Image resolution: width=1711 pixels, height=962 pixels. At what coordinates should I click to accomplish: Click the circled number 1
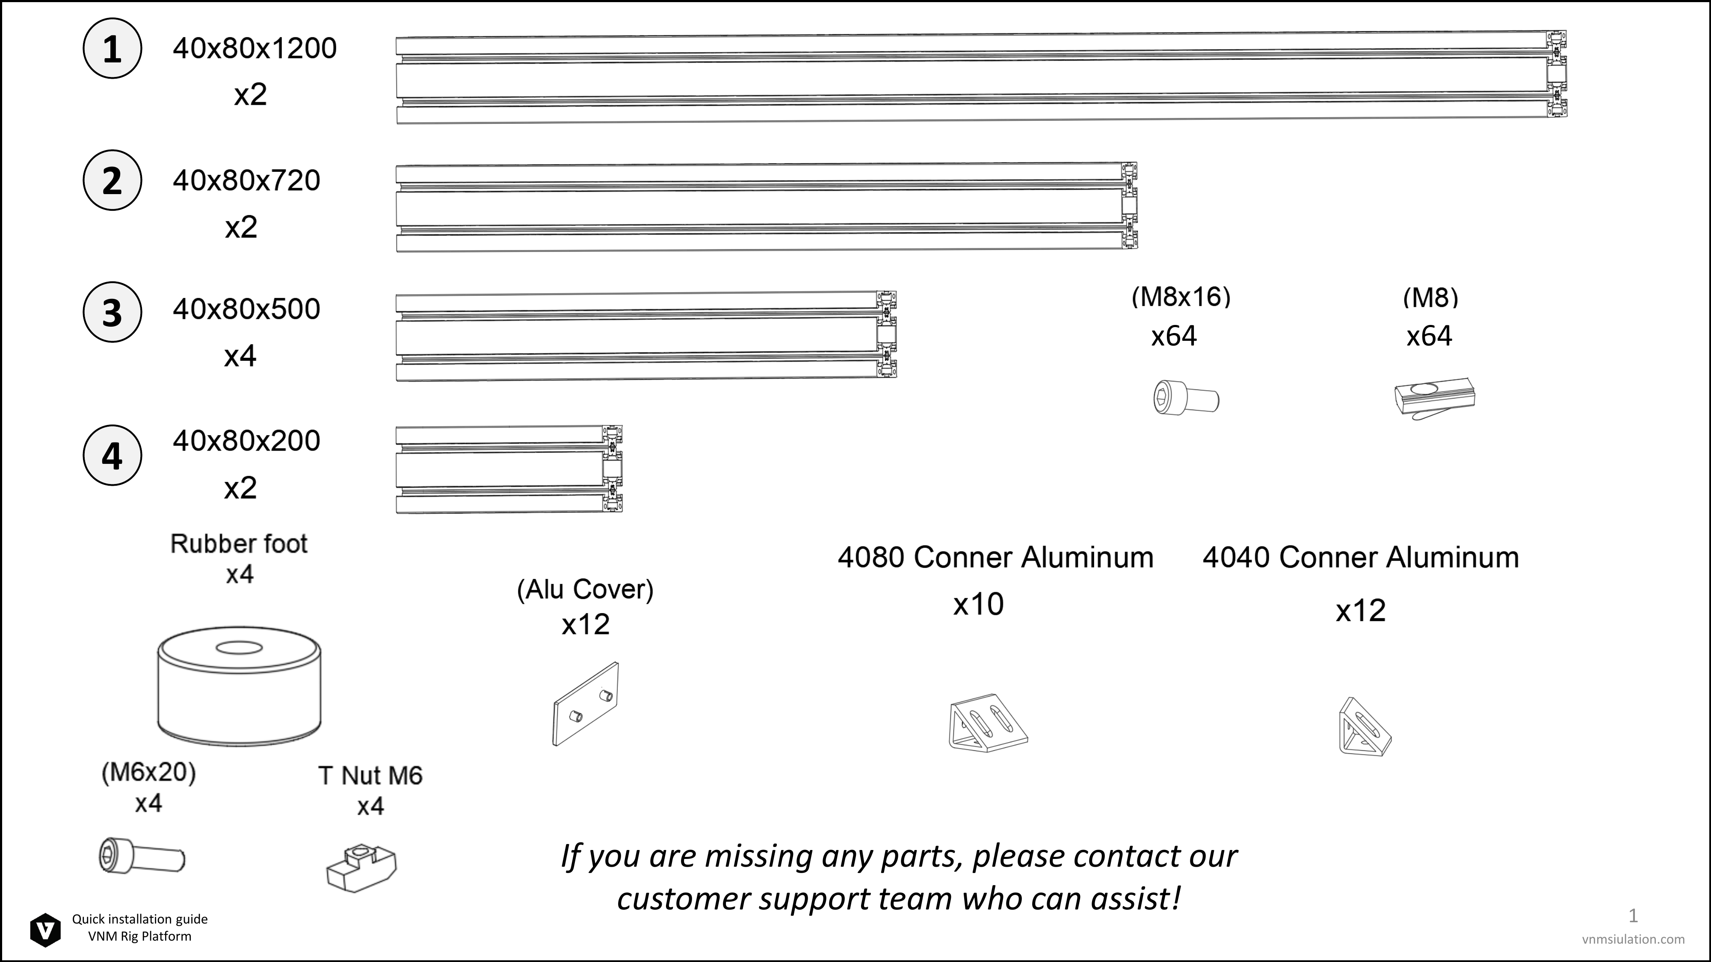(112, 48)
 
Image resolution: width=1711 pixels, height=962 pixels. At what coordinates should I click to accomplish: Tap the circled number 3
(112, 312)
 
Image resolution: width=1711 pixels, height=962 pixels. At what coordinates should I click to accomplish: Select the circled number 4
(112, 455)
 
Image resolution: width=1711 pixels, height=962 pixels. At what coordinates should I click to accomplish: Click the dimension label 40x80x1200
(255, 48)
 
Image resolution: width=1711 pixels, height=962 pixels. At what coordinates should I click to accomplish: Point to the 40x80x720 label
(246, 180)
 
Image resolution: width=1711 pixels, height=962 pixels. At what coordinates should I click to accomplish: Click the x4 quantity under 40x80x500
(240, 357)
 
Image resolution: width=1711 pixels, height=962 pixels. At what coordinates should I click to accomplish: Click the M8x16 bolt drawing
(1186, 397)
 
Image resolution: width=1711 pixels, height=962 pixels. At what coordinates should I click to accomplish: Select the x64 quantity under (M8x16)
(1174, 336)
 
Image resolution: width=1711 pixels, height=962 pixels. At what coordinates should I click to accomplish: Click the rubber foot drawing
(239, 685)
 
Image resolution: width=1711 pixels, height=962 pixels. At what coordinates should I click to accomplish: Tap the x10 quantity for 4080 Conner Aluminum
(978, 604)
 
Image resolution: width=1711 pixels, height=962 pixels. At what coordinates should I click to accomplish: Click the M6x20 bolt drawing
(142, 856)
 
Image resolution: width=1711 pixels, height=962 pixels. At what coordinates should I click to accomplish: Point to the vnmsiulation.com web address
(1633, 939)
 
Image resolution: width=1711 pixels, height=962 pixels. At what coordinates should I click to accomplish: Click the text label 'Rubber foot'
(239, 544)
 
